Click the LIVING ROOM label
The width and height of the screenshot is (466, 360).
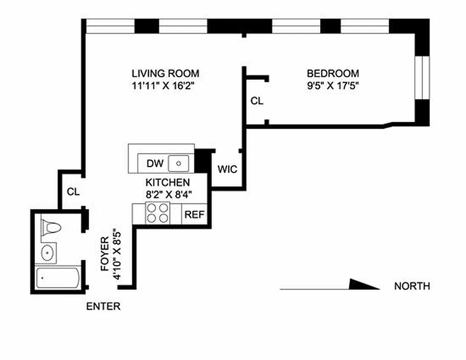165,73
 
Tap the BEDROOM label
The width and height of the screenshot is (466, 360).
333,73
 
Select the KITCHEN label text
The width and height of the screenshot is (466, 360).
167,183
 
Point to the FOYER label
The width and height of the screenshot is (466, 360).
105,254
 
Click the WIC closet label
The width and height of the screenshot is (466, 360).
227,170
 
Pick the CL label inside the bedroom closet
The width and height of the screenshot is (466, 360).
257,101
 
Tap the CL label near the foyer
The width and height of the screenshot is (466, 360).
73,192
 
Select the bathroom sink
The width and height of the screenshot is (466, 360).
48,253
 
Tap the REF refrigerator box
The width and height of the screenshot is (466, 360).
195,214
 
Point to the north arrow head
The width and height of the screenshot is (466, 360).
365,284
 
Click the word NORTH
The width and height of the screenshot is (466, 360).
412,286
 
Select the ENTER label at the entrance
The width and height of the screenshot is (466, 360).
103,307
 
